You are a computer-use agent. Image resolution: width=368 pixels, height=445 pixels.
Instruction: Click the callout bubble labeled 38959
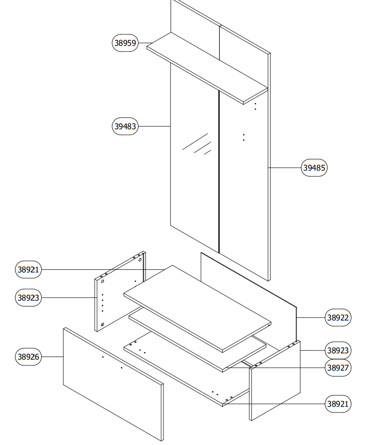click(x=125, y=43)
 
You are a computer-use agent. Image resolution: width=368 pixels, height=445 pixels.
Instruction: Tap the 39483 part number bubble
click(x=125, y=126)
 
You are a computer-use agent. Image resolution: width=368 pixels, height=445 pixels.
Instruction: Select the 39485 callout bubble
click(x=314, y=168)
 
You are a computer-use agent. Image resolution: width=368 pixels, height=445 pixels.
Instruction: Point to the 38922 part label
click(x=338, y=318)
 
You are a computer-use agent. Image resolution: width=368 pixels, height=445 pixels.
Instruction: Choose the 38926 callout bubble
click(x=29, y=356)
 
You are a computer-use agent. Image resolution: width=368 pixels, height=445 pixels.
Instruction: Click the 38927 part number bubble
click(x=338, y=368)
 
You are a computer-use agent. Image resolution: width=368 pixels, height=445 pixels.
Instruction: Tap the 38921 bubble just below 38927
click(x=338, y=403)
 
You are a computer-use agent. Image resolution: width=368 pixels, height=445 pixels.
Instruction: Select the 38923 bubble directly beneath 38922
click(x=338, y=350)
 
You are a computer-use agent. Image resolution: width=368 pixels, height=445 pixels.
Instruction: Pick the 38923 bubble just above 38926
click(x=29, y=298)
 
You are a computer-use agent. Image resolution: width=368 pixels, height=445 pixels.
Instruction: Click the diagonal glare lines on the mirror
click(x=197, y=144)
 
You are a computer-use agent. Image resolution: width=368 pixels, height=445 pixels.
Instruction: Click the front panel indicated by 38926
click(x=113, y=384)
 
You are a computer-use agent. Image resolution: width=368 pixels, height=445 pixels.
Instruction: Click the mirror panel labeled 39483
click(x=195, y=181)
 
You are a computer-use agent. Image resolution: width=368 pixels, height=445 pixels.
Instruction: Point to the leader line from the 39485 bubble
click(x=285, y=168)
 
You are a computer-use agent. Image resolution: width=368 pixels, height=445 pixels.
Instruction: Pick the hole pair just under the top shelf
click(x=255, y=106)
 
